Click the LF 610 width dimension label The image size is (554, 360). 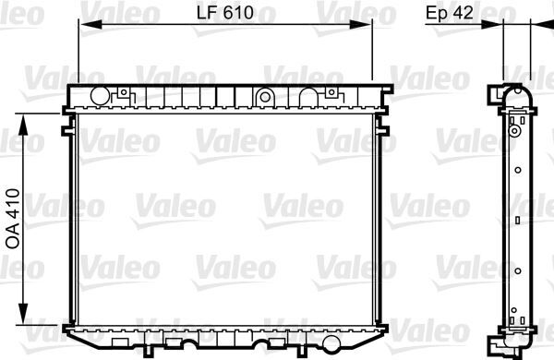click(x=224, y=14)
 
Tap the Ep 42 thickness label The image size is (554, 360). click(x=450, y=14)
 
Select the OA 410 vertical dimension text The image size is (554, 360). click(x=13, y=217)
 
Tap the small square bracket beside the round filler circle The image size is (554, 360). click(x=121, y=93)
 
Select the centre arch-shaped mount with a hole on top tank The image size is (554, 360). click(x=265, y=95)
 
